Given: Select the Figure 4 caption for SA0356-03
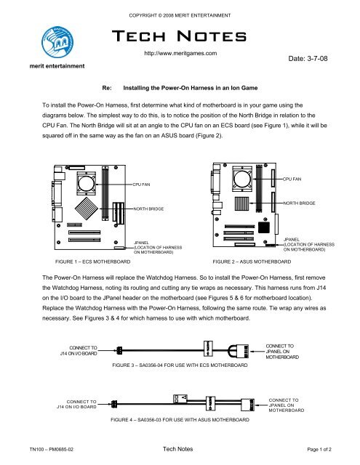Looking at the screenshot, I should click(180, 420).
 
